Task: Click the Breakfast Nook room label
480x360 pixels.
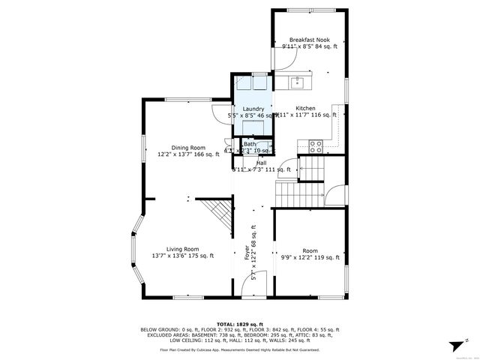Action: pyautogui.click(x=310, y=40)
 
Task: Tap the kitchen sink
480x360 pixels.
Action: pyautogui.click(x=298, y=79)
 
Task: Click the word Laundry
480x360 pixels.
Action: pyautogui.click(x=253, y=109)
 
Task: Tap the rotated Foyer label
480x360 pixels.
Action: pyautogui.click(x=247, y=253)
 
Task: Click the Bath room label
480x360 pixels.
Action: pyautogui.click(x=250, y=144)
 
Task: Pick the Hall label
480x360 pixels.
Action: pyautogui.click(x=261, y=163)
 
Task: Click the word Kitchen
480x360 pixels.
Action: pyautogui.click(x=305, y=109)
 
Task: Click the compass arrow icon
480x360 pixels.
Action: pyautogui.click(x=452, y=346)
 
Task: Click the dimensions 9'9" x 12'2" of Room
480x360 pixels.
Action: pyautogui.click(x=310, y=257)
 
